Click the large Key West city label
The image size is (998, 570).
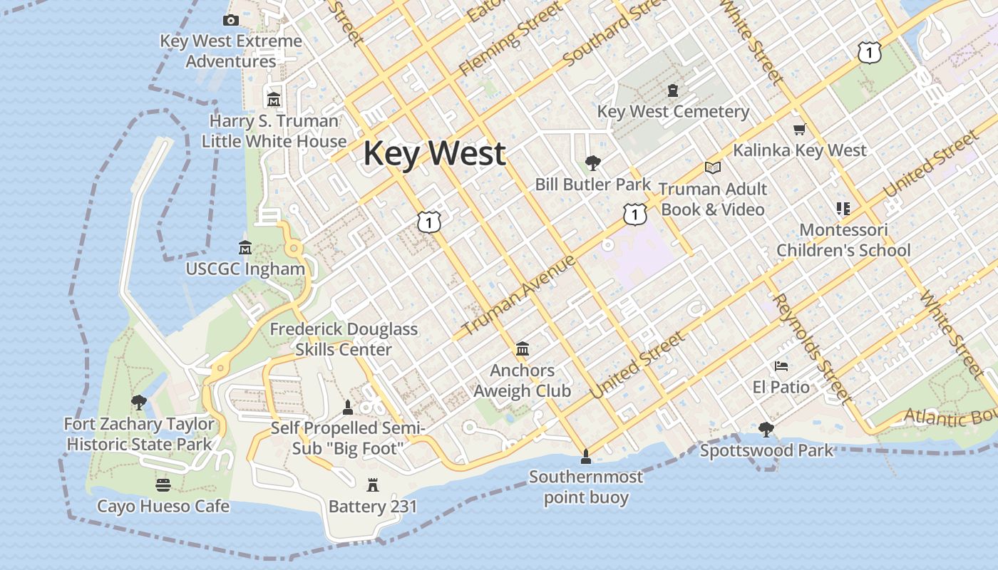[x=435, y=154]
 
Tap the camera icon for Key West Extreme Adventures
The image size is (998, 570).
[x=230, y=21]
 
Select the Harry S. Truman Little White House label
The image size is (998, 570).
[x=274, y=131]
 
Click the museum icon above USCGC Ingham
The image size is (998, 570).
[x=245, y=248]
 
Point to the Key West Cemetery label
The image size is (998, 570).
[x=673, y=112]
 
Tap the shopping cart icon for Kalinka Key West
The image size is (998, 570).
[x=799, y=130]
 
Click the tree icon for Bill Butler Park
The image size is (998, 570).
[x=592, y=163]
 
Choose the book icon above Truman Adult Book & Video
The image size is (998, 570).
[x=712, y=168]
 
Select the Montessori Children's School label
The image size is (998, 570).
[x=843, y=240]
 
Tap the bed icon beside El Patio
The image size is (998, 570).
[x=781, y=366]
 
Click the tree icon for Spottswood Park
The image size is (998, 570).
[x=766, y=429]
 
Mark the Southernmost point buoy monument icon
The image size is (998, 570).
[x=586, y=456]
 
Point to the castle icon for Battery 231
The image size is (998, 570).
[x=372, y=485]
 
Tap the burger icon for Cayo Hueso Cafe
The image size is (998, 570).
[x=163, y=485]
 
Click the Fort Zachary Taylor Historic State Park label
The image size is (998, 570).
[x=139, y=434]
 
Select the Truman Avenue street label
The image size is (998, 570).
[x=518, y=296]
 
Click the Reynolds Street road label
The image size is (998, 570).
[x=812, y=348]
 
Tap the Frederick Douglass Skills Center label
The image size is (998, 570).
[x=344, y=339]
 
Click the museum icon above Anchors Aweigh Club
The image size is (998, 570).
[x=523, y=349]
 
